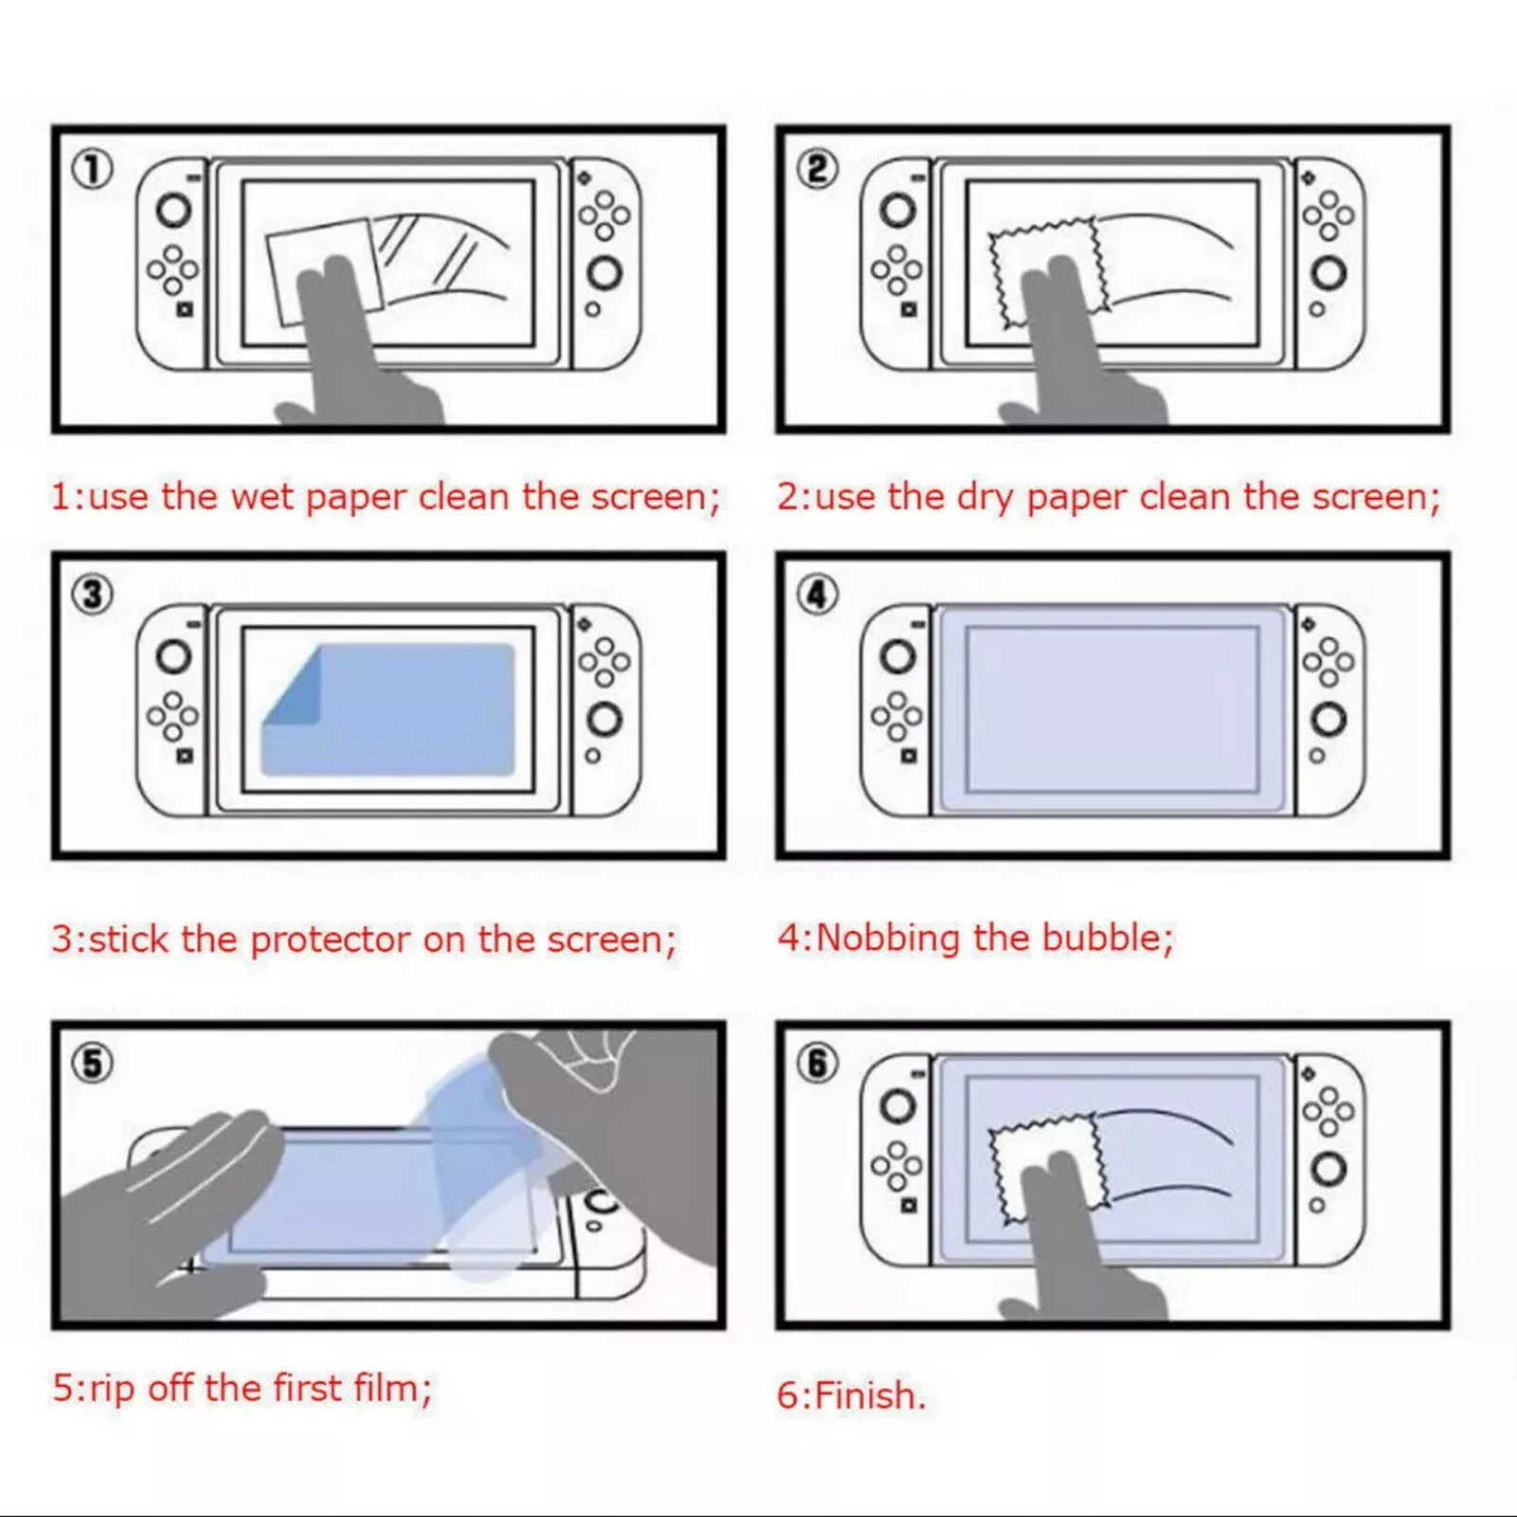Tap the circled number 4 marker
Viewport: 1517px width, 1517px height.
click(x=817, y=595)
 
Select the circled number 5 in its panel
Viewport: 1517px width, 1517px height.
click(x=93, y=1064)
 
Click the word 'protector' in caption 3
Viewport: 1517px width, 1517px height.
click(x=331, y=941)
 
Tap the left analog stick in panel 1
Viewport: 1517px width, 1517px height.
click(x=174, y=210)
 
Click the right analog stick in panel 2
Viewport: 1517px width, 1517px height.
click(x=1328, y=274)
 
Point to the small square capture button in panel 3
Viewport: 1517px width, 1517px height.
click(x=185, y=756)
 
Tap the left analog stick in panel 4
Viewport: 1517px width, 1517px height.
click(x=898, y=656)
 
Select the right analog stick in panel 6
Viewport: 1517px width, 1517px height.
click(x=1328, y=1169)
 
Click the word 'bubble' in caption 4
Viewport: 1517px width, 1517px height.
click(x=1106, y=938)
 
